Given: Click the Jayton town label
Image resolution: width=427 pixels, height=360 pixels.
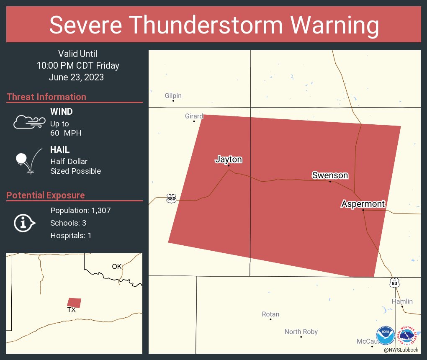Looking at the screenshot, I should (x=229, y=159).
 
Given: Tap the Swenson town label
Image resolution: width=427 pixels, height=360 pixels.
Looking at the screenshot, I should (x=330, y=175).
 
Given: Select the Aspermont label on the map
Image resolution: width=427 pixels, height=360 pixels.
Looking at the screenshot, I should (x=363, y=204).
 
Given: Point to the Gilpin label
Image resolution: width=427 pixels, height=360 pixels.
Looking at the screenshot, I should (x=173, y=96).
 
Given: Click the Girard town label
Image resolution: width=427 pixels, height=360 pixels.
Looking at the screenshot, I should (x=194, y=116).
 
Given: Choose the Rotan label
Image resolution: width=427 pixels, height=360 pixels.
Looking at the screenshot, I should (x=270, y=314).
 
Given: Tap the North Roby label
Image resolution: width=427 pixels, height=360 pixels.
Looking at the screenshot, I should (x=301, y=332).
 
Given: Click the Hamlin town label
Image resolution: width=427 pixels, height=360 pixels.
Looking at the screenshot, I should (x=402, y=301).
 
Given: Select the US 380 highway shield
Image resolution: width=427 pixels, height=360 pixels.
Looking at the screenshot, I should (x=171, y=198).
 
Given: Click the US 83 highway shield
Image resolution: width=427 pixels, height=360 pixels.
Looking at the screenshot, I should (x=394, y=283).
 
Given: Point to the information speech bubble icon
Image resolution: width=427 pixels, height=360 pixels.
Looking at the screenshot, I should (x=24, y=223).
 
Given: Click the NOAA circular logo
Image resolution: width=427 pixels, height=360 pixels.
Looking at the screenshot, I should (x=385, y=336).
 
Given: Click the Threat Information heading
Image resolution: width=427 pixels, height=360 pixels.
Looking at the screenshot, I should (x=46, y=97).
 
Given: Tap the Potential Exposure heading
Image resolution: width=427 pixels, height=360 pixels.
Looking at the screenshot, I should (x=46, y=195).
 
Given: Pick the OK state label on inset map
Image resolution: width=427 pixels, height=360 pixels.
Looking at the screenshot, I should (x=116, y=266).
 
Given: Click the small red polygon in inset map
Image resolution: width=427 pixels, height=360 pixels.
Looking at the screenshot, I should (x=75, y=303).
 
